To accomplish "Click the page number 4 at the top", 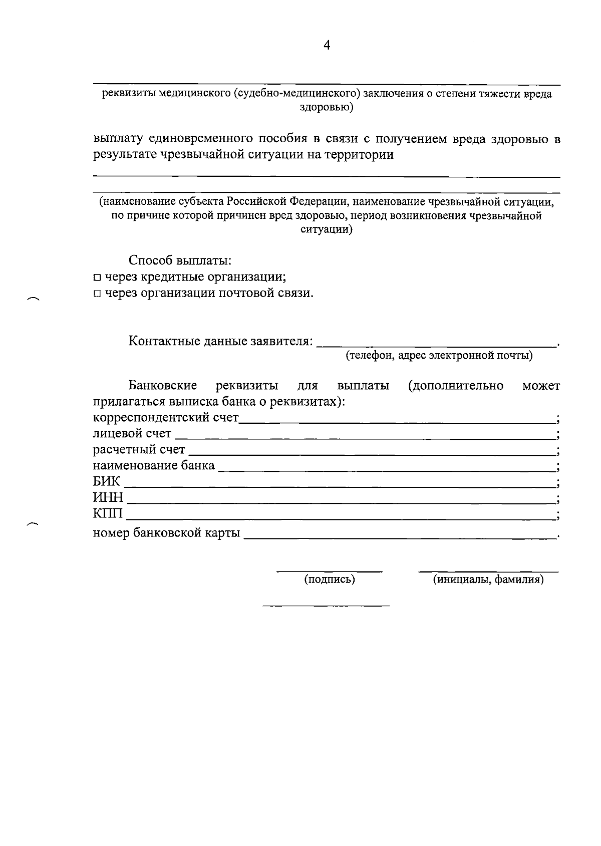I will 327,46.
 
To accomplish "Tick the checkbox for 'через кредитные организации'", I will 97,277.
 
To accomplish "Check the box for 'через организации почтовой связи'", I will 97,294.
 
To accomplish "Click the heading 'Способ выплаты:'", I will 180,260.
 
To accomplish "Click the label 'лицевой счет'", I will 132,433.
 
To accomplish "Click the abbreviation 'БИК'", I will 107,482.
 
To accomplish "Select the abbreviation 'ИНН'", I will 108,498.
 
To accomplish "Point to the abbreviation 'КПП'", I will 108,514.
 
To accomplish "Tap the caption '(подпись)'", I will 330,580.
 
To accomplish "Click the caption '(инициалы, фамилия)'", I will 488,580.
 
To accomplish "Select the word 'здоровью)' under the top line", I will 327,107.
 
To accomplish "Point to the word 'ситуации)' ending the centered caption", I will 327,230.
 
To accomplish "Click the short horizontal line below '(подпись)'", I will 326,606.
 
